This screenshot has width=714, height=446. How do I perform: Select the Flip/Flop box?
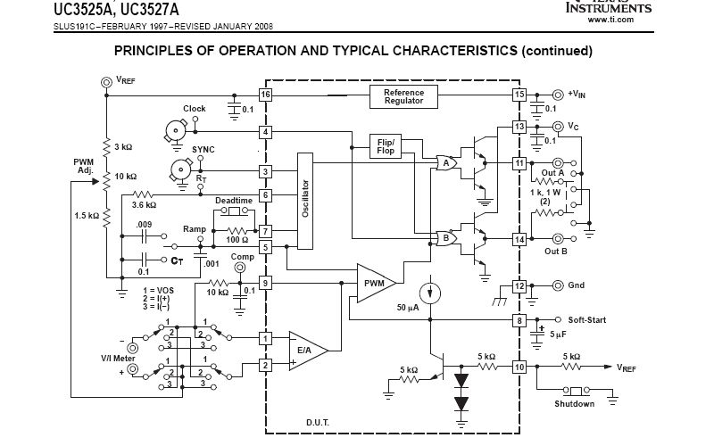[386, 146]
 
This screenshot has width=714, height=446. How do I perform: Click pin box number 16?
[265, 95]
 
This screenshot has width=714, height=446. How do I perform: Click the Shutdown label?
[574, 404]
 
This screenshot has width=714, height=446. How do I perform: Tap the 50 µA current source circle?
[429, 291]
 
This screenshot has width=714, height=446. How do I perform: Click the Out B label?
[556, 252]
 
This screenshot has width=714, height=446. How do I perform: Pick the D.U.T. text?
[318, 422]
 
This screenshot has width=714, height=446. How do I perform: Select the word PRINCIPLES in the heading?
[160, 51]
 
